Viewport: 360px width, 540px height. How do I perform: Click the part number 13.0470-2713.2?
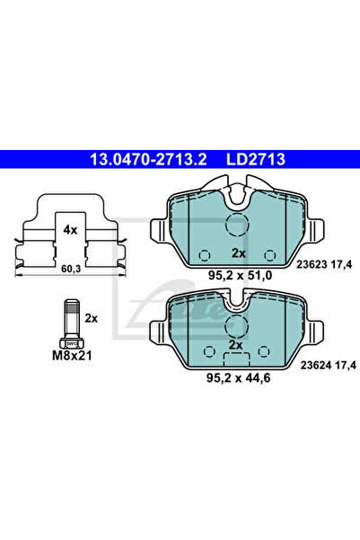click(148, 159)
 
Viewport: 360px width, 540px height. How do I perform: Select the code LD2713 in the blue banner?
click(256, 159)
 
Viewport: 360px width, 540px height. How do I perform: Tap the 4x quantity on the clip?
click(70, 230)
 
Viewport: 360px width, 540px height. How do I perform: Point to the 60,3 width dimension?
click(72, 269)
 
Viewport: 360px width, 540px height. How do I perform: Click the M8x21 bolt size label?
click(72, 356)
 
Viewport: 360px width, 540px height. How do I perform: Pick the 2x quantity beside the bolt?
click(92, 319)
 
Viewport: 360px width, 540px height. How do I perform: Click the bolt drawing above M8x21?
click(71, 324)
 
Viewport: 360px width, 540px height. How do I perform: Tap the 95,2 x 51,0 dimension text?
click(241, 276)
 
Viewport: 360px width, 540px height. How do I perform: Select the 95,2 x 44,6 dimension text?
click(238, 377)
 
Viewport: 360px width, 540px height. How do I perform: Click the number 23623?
click(312, 264)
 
